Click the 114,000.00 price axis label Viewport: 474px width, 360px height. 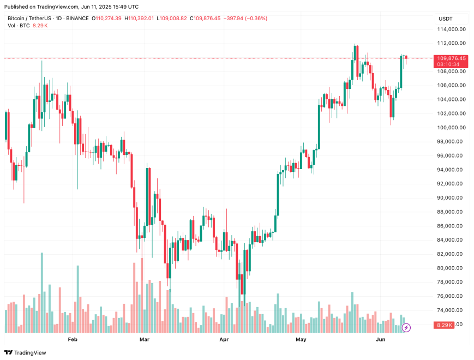pos(452,29)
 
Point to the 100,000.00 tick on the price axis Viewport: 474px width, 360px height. pos(452,128)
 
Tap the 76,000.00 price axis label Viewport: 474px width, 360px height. pos(452,296)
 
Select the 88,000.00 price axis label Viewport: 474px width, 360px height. pos(452,212)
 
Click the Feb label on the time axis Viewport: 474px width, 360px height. pos(72,339)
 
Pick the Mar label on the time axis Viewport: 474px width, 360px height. pos(145,339)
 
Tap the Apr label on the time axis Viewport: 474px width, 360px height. pos(224,339)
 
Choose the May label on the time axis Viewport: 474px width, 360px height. pos(301,339)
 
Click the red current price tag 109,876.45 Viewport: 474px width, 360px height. pos(451,58)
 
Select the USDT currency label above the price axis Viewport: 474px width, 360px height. pos(445,19)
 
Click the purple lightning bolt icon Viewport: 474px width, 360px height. pos(406,328)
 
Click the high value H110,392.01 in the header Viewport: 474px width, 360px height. pos(139,19)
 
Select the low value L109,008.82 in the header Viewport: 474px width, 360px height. pos(171,19)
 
